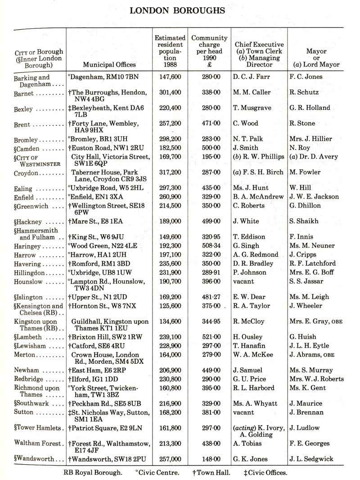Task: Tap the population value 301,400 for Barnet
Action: [170, 92]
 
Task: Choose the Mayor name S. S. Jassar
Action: [308, 281]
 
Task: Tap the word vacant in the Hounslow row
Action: [243, 281]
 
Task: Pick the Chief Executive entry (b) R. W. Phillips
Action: [259, 157]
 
